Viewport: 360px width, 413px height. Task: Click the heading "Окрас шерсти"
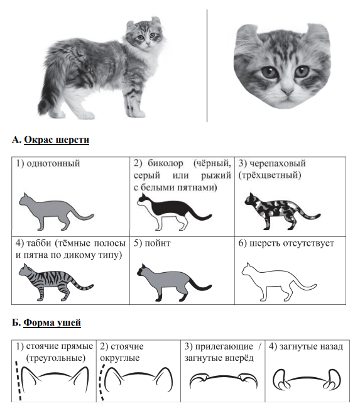click(57, 140)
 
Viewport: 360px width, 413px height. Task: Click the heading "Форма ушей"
click(52, 322)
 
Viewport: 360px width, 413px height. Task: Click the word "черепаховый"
click(277, 163)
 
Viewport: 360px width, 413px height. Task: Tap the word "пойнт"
click(158, 243)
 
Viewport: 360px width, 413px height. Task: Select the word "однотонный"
click(53, 163)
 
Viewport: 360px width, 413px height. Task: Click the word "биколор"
click(165, 163)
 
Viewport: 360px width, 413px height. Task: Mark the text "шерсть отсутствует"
click(292, 243)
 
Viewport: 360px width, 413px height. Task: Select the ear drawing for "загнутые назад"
click(307, 380)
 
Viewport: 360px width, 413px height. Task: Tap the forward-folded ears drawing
click(224, 380)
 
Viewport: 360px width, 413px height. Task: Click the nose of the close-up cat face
click(287, 92)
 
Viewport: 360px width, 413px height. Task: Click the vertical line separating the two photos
click(207, 65)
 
